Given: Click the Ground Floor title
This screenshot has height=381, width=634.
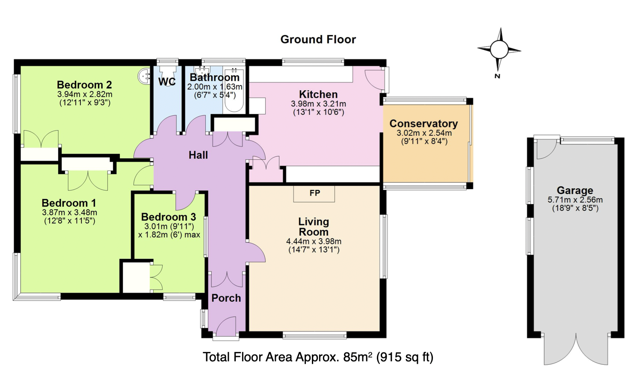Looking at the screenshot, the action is click(x=318, y=40).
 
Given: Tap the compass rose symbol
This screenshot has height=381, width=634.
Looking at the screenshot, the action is click(x=499, y=50).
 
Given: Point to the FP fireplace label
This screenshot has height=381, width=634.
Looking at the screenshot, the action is click(x=315, y=193).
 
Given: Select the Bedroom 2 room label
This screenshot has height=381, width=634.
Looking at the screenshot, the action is click(x=84, y=85).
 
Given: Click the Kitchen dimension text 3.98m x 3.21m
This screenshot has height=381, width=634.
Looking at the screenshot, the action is click(x=318, y=104).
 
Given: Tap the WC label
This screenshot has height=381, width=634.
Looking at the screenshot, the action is click(x=167, y=82).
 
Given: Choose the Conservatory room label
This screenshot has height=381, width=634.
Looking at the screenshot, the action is click(x=424, y=123).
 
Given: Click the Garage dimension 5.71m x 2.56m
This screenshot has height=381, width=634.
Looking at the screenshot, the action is click(x=575, y=200).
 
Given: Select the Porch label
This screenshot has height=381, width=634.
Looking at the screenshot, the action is click(x=226, y=298).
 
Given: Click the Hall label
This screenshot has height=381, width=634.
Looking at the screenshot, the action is click(x=198, y=155).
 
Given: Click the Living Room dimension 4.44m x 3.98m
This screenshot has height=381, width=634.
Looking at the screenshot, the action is click(x=314, y=241).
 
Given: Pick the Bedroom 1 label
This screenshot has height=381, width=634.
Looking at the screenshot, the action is click(x=69, y=202).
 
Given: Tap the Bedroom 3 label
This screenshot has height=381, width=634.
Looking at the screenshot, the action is click(x=169, y=217).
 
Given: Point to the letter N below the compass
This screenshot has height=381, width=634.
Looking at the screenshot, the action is click(x=497, y=76).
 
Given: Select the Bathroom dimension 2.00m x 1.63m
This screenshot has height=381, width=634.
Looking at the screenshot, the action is click(x=215, y=86).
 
